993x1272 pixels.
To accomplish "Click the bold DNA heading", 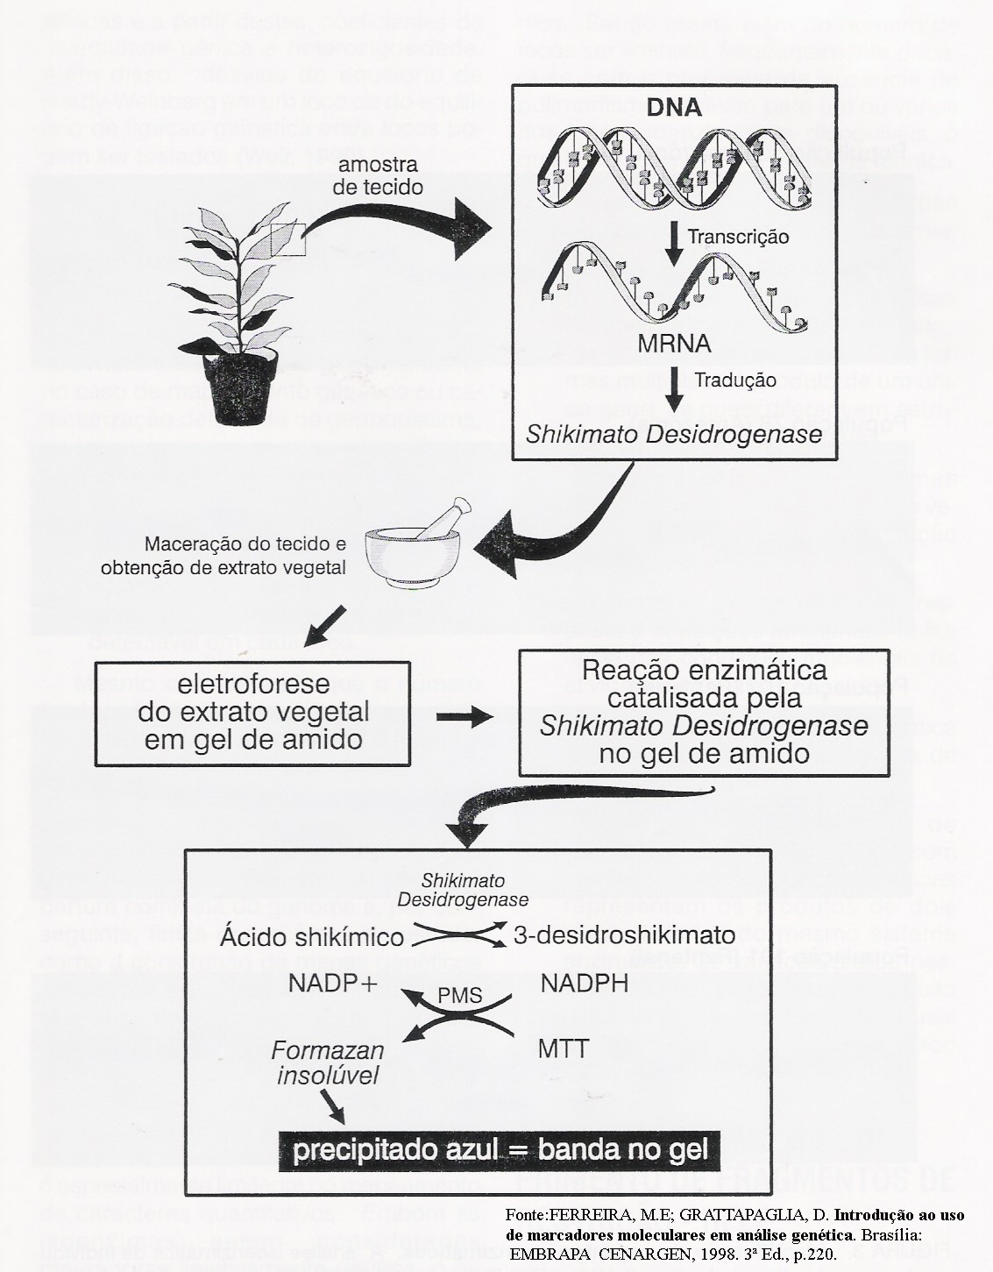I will (x=674, y=108).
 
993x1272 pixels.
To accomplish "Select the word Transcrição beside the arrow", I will (x=738, y=237).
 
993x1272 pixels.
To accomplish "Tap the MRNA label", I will (x=673, y=344).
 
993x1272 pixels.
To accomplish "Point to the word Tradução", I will (x=734, y=380).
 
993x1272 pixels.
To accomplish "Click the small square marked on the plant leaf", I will (x=287, y=238).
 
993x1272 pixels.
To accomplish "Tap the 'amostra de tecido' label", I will (x=378, y=175).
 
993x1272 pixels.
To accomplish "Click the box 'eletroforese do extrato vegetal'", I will (x=252, y=712).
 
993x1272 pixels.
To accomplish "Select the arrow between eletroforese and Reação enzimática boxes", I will (x=464, y=716).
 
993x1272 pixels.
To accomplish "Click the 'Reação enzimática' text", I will (x=704, y=671).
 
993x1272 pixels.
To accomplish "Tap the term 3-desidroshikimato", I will (x=624, y=934).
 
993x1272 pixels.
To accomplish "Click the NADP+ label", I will (x=333, y=984).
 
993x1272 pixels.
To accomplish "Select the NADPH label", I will (x=585, y=984).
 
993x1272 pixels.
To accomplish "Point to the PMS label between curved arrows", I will (x=460, y=996).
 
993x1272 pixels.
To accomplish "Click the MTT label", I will (x=564, y=1048).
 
